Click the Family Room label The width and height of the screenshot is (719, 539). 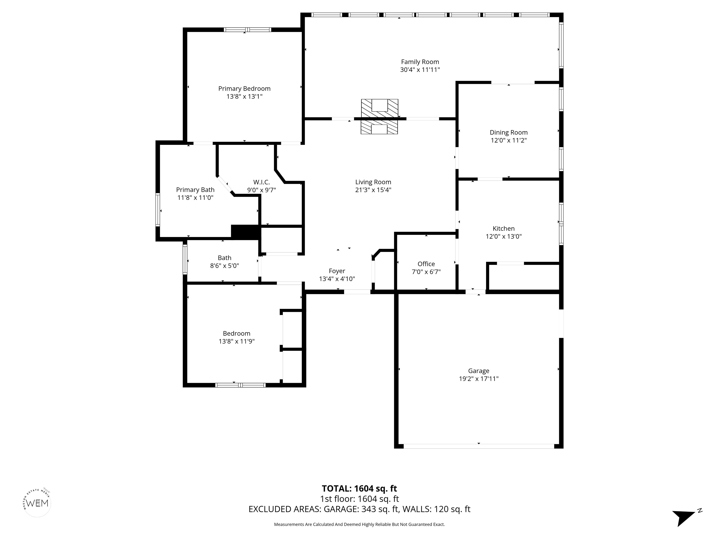point(420,62)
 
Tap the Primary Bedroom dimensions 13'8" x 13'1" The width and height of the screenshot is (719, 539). point(244,96)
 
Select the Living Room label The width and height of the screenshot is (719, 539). point(373,182)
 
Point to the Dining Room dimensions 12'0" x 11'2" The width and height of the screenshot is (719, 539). point(508,140)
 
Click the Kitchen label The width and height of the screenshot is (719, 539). point(503,228)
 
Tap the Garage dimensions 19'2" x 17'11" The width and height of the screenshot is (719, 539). point(478,379)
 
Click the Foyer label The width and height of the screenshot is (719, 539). point(337,271)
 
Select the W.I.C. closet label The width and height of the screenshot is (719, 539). point(261,182)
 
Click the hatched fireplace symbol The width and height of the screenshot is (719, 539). point(379,116)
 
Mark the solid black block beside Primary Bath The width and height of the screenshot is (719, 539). point(246,232)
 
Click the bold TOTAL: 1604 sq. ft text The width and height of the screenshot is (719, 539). point(359,489)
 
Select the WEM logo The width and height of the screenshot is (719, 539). point(37,503)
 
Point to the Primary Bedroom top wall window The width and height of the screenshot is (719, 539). point(247,29)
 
